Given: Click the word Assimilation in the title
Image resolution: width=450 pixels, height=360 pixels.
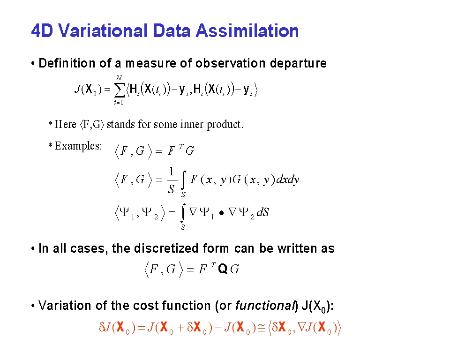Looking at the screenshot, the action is [247, 30].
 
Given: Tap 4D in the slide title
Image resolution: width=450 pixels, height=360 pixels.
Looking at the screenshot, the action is [42, 30].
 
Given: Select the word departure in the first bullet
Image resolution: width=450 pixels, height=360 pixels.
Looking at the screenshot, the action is [298, 63].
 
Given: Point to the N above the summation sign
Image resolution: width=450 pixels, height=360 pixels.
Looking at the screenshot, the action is [119, 78].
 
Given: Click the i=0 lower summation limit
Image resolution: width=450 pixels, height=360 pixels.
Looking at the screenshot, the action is [119, 102].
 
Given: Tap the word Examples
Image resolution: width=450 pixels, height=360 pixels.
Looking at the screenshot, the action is [78, 146].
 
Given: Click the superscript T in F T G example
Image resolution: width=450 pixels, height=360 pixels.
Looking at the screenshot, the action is [181, 147].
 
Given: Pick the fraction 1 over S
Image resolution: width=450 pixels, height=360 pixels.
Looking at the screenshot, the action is [172, 180].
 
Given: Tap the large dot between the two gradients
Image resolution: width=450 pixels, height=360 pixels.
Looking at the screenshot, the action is [221, 213].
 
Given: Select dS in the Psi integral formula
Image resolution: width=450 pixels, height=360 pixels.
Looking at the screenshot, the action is [262, 212].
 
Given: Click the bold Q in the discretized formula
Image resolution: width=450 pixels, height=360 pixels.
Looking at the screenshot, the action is [223, 269].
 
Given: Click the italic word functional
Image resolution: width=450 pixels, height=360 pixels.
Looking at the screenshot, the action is [265, 306].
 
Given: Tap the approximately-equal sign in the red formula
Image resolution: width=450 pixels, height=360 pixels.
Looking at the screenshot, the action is [262, 328].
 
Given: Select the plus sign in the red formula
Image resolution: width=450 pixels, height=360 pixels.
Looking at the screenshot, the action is [180, 328].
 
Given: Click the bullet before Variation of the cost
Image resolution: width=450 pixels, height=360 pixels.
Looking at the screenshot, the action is [33, 306].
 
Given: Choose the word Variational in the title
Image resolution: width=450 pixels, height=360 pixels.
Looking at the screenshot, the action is [103, 30].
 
